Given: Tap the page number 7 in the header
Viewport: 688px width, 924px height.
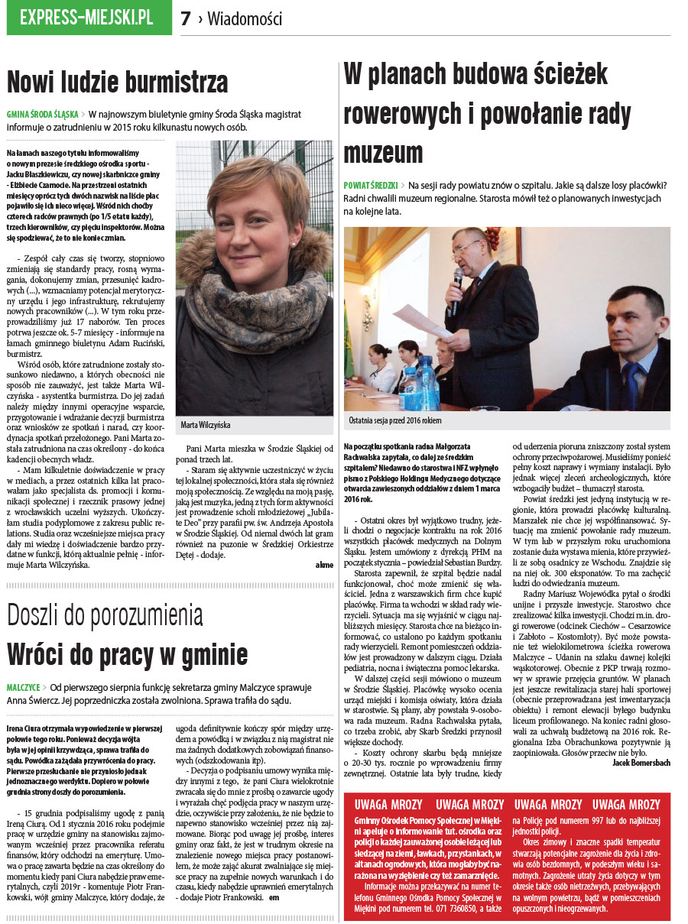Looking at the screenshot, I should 186,19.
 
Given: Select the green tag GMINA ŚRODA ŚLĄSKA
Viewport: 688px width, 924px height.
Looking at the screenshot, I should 42,114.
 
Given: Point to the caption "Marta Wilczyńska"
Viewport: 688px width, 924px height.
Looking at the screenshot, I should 206,425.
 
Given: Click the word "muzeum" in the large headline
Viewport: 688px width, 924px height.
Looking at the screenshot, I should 382,153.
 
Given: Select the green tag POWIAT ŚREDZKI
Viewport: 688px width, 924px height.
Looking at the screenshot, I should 371,186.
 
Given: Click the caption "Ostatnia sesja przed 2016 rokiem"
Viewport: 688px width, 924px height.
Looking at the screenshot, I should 396,421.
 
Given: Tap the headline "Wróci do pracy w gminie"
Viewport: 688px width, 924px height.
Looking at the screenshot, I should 127,654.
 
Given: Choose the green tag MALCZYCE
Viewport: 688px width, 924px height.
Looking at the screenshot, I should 22,687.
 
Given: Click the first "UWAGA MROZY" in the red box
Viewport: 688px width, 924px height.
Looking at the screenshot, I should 387,805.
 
